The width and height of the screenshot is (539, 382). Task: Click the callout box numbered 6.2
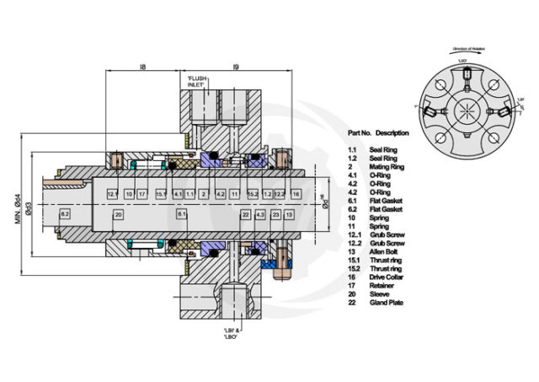pyautogui.click(x=65, y=215)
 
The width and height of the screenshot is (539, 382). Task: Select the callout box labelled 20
pyautogui.click(x=119, y=215)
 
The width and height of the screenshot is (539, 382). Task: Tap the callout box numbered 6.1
pyautogui.click(x=181, y=215)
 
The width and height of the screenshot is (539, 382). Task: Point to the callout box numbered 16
pyautogui.click(x=296, y=194)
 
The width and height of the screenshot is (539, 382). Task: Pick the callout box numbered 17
pyautogui.click(x=142, y=194)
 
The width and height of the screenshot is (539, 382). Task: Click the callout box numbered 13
pyautogui.click(x=289, y=215)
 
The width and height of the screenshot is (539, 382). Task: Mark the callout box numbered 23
pyautogui.click(x=275, y=215)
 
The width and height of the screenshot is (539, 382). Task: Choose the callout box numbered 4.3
pyautogui.click(x=260, y=215)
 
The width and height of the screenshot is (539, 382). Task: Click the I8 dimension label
pyautogui.click(x=144, y=62)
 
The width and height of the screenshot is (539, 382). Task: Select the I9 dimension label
pyautogui.click(x=236, y=62)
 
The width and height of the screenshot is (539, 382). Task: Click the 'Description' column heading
pyautogui.click(x=392, y=133)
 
